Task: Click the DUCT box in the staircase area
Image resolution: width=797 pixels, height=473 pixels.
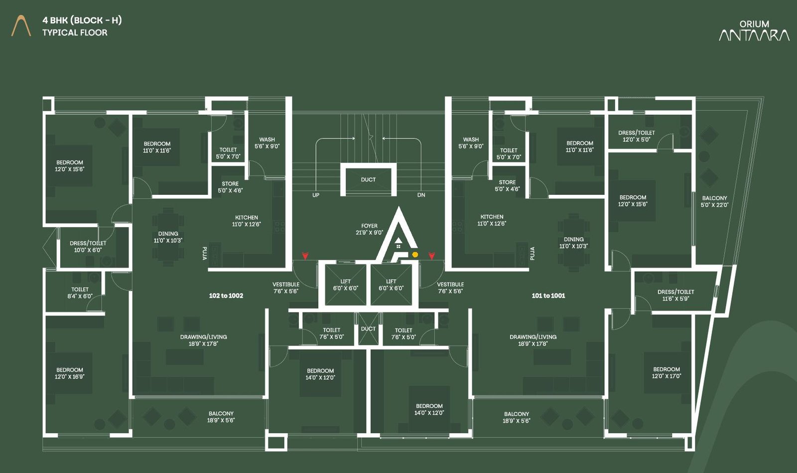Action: (368, 179)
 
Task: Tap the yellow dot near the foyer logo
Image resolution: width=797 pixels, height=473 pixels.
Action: (415, 255)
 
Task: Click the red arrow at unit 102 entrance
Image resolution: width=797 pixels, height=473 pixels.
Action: (305, 256)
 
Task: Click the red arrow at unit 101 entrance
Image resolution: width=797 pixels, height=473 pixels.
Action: (431, 256)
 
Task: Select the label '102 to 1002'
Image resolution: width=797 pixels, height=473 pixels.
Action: (226, 296)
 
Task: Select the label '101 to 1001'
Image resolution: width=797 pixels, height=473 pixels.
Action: (548, 296)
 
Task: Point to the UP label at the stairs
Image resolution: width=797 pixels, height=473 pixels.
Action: (316, 195)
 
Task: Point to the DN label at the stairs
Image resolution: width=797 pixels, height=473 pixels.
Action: (421, 195)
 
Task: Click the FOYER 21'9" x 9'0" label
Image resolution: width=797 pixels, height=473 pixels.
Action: (369, 229)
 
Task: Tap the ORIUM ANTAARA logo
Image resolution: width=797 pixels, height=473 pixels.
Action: (754, 31)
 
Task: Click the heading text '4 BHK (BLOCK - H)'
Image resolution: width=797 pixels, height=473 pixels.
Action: (82, 20)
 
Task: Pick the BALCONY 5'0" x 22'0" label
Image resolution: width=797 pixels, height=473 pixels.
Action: (714, 201)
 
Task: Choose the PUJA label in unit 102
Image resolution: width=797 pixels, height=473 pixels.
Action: (204, 253)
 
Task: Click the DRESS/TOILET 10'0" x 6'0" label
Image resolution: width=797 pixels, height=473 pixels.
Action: (88, 247)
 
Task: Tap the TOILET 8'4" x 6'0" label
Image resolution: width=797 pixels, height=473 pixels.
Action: (80, 293)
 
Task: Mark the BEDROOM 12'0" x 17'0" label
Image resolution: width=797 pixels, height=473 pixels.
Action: (666, 372)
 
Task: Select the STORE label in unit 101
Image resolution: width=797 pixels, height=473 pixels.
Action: (507, 185)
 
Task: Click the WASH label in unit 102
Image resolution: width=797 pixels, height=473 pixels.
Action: (267, 143)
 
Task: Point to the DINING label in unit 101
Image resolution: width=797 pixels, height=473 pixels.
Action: (573, 243)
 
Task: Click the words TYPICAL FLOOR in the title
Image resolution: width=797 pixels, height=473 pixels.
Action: (75, 33)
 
